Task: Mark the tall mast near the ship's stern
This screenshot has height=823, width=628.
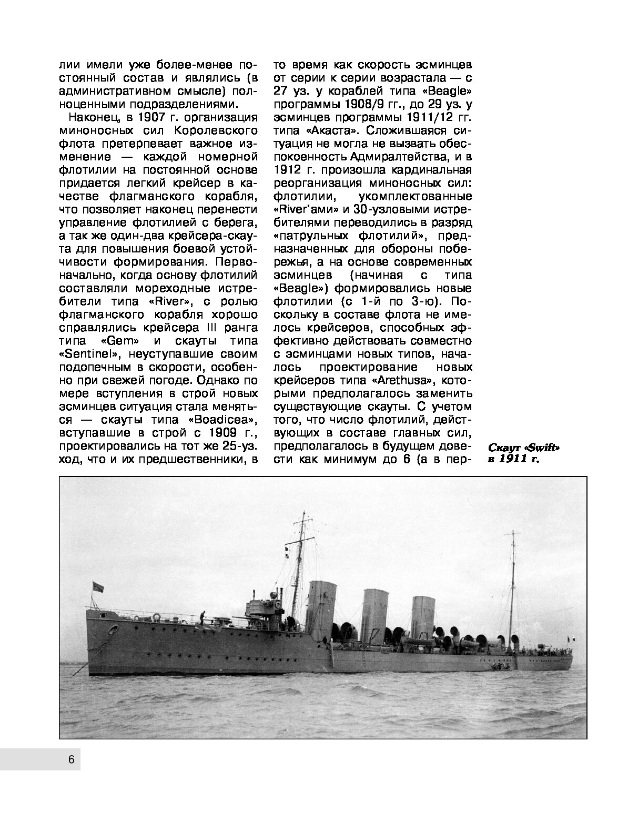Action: pos(513,584)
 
